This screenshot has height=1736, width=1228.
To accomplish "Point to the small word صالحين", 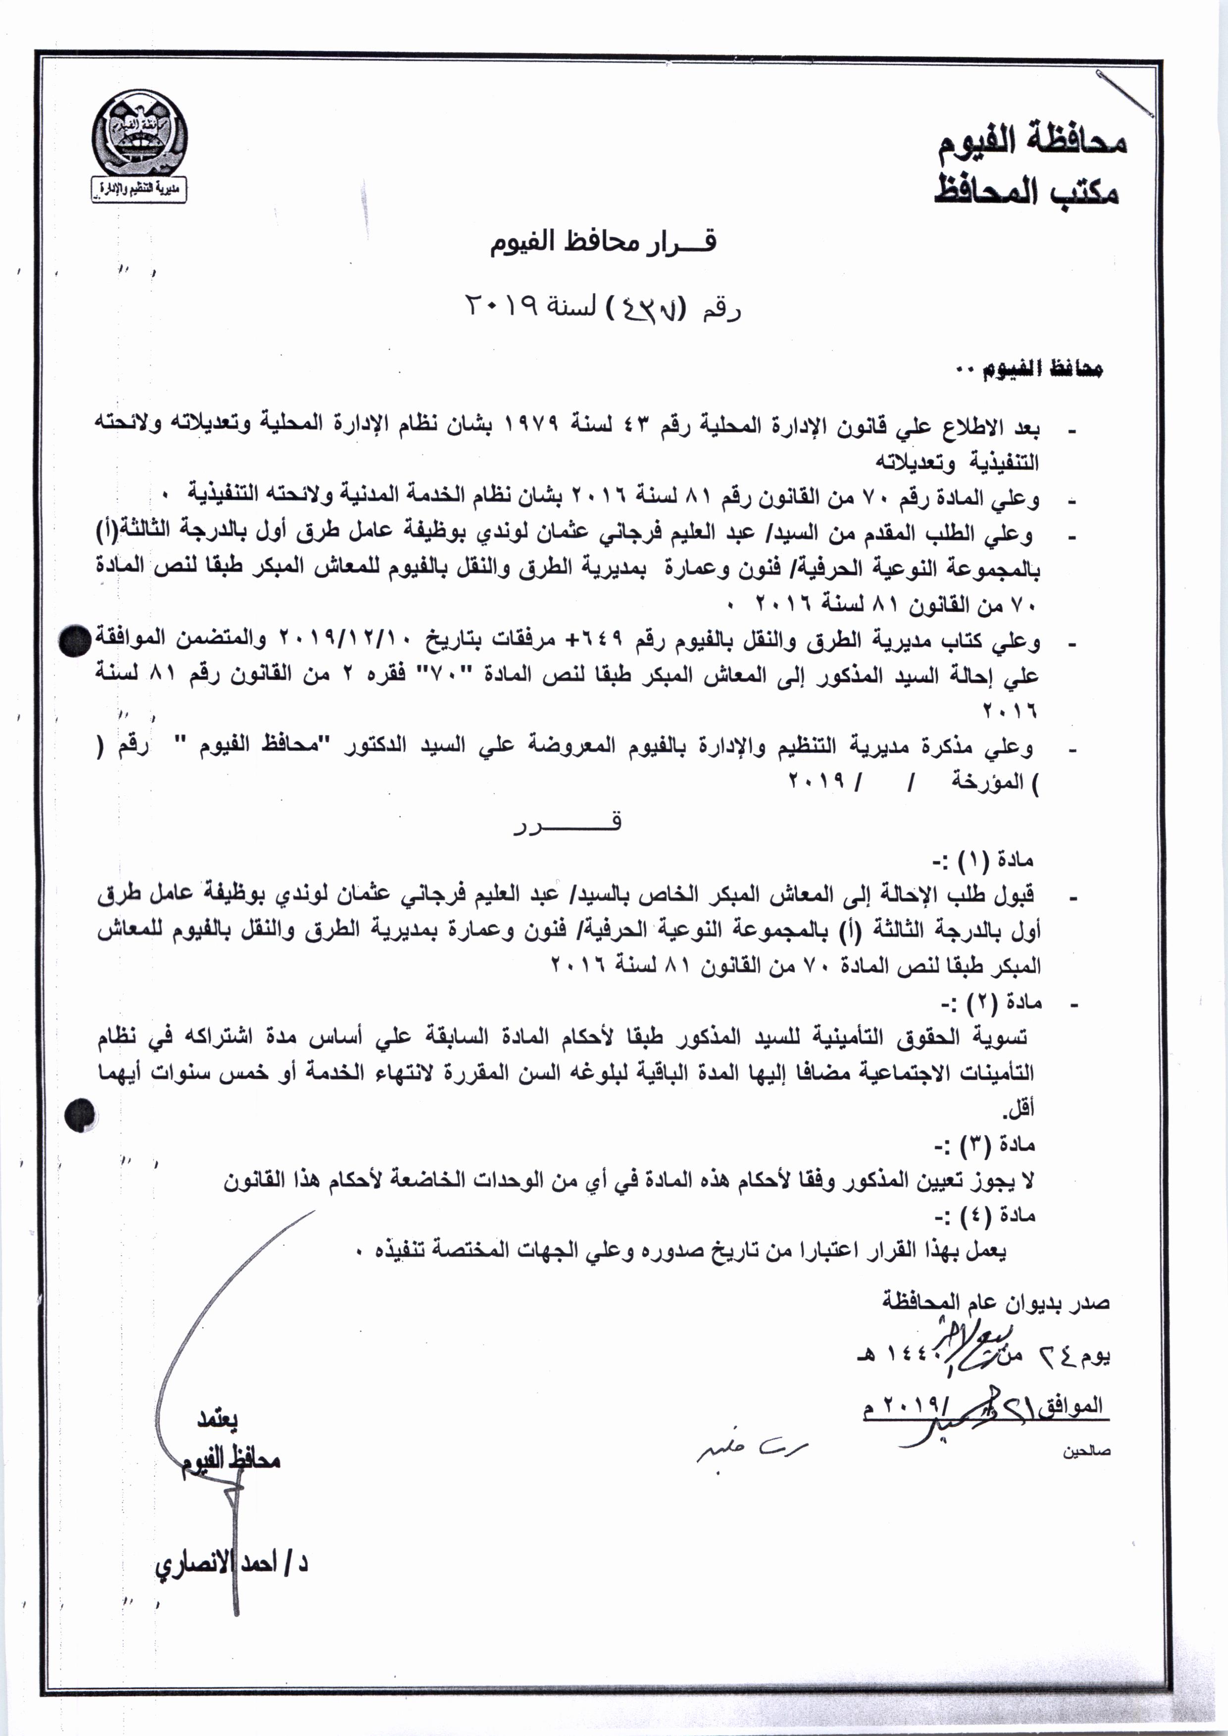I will (1086, 1450).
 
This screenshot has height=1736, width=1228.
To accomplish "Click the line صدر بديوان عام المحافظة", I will (996, 1302).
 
